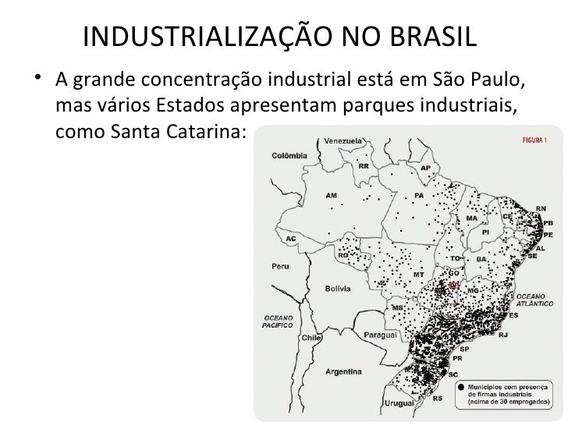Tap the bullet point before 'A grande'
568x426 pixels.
[x=39, y=81]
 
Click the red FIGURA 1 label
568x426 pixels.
[x=539, y=141]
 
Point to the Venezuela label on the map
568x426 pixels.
[x=343, y=141]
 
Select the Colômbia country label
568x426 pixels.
[x=288, y=155]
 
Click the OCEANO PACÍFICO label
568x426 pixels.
[x=278, y=322]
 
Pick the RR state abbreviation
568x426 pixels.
[x=364, y=165]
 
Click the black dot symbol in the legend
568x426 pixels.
[x=462, y=386]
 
